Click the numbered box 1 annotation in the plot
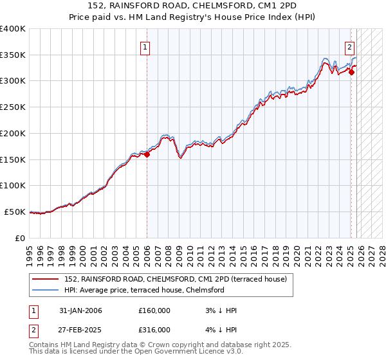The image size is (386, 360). pos(145,47)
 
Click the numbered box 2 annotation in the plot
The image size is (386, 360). pos(349,47)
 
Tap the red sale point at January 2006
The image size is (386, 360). pos(147,154)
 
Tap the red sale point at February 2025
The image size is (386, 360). pos(351,73)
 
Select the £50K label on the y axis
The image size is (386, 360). pos(14,212)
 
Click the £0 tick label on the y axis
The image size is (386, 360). pos(20,238)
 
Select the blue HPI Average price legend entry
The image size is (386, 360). pos(144,290)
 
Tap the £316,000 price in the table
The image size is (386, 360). pos(154,329)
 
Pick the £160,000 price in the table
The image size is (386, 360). pos(154,310)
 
